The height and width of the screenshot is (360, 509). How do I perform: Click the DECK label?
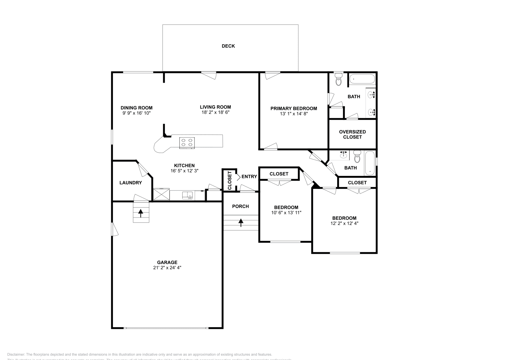[228, 46]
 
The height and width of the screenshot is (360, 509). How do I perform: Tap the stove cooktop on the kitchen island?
[187, 142]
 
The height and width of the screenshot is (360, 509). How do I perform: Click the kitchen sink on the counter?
[187, 195]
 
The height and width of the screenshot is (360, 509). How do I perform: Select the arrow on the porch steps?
[241, 223]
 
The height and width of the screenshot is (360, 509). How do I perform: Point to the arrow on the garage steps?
[141, 213]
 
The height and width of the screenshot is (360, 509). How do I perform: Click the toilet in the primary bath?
[338, 80]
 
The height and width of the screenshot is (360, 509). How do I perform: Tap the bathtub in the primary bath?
[362, 79]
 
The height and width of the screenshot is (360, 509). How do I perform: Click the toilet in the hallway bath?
[357, 157]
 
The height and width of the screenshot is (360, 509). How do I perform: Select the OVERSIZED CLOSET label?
[352, 134]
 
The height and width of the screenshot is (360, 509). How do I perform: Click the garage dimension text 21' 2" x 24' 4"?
[167, 267]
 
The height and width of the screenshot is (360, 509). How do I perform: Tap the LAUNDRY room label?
[130, 183]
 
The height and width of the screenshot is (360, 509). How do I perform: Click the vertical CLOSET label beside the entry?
[230, 180]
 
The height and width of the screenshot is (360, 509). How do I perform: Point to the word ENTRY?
[249, 177]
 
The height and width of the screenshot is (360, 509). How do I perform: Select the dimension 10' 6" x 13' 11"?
[286, 213]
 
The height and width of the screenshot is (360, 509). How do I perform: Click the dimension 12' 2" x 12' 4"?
[344, 223]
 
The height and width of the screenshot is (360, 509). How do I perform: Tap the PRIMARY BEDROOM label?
[294, 108]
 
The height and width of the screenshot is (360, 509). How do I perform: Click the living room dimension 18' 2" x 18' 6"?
[215, 112]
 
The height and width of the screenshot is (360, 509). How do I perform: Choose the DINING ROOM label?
[136, 108]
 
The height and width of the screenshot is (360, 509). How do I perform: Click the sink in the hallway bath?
[343, 155]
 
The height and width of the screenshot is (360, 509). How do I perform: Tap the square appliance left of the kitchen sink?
[161, 194]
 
